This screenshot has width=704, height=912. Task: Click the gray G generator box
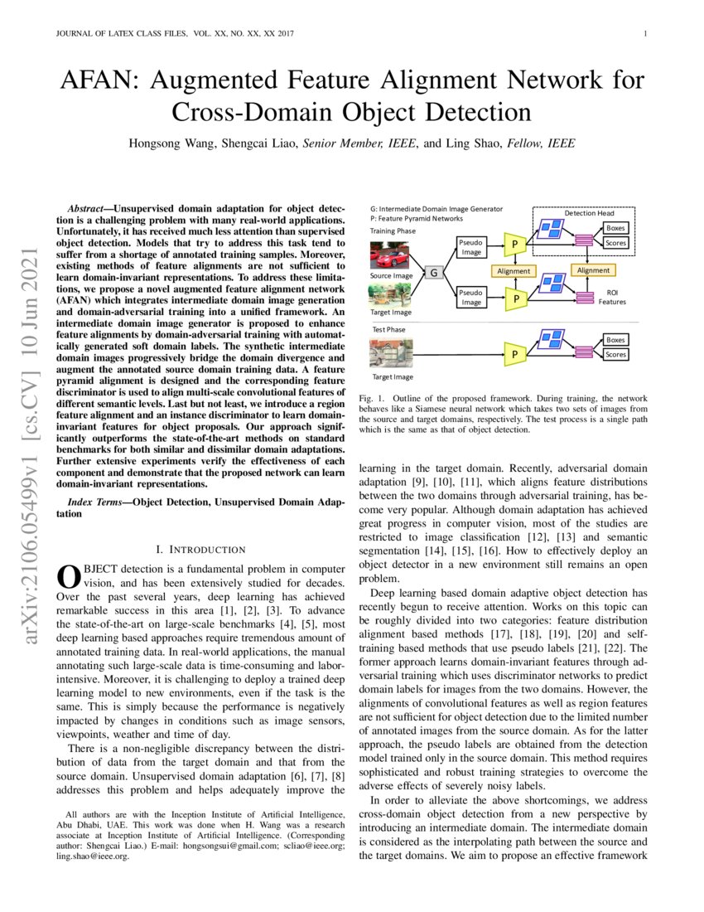pyautogui.click(x=434, y=272)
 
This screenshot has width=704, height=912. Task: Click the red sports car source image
pyautogui.click(x=390, y=254)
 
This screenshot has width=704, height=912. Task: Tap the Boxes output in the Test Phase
pyautogui.click(x=615, y=340)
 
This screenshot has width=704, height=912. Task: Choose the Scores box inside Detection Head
pyautogui.click(x=615, y=243)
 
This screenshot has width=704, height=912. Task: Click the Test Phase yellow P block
pyautogui.click(x=516, y=355)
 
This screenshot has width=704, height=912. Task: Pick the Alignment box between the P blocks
pyautogui.click(x=514, y=271)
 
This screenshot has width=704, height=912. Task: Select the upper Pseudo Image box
pyautogui.click(x=471, y=246)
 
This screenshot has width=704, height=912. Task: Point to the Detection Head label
pyautogui.click(x=589, y=213)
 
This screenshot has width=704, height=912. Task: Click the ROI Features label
pyautogui.click(x=612, y=298)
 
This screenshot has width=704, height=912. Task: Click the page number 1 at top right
pyautogui.click(x=644, y=34)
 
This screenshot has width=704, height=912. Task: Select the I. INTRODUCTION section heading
pyautogui.click(x=201, y=550)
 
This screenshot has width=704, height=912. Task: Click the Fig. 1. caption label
pyautogui.click(x=371, y=399)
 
